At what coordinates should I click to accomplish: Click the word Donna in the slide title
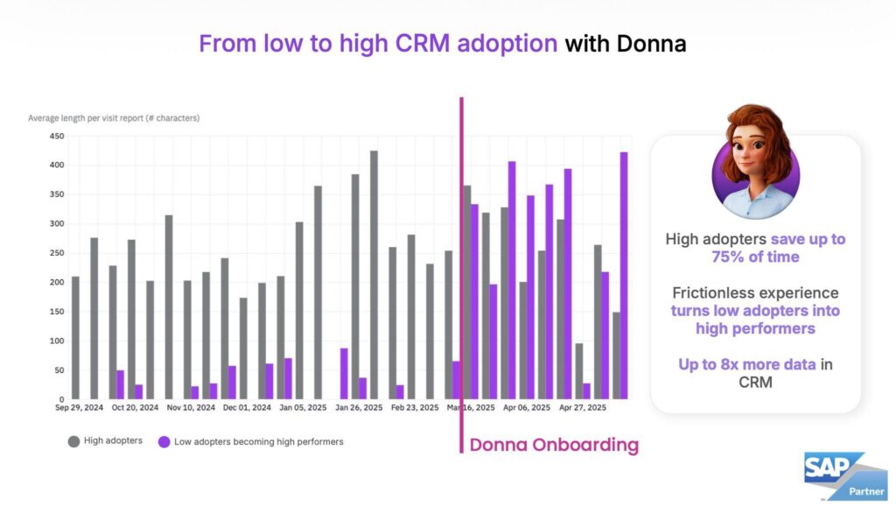coord(651,44)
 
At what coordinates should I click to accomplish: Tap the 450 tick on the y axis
coord(56,136)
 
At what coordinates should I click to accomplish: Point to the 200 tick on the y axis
coord(56,283)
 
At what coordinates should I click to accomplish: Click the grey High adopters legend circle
coord(73,441)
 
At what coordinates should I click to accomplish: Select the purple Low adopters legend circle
coord(164,441)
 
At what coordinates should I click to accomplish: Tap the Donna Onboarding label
coord(554,445)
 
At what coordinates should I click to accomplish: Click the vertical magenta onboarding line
coord(461,263)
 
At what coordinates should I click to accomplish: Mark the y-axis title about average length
coord(114,117)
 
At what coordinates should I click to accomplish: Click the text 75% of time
coord(755,256)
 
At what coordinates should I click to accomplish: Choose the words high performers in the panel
coord(755,328)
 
